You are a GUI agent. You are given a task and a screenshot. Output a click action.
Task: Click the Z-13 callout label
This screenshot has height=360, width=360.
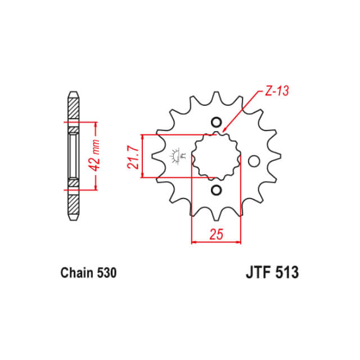[x=277, y=91]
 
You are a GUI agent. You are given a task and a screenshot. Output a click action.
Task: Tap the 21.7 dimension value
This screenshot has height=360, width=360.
[x=133, y=157]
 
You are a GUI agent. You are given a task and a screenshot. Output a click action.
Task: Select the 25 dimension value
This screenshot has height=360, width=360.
[x=216, y=234]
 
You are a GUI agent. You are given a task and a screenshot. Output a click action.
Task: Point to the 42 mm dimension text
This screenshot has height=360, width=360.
[x=94, y=155]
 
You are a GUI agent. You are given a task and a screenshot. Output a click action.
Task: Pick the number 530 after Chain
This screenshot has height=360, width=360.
[x=107, y=273]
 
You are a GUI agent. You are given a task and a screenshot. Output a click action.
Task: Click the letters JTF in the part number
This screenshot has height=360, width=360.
[x=258, y=272]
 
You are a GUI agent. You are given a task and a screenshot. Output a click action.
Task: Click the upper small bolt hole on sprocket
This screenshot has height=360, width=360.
[x=216, y=123]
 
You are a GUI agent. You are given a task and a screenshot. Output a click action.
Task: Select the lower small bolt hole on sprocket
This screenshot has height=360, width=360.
[x=216, y=190]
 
